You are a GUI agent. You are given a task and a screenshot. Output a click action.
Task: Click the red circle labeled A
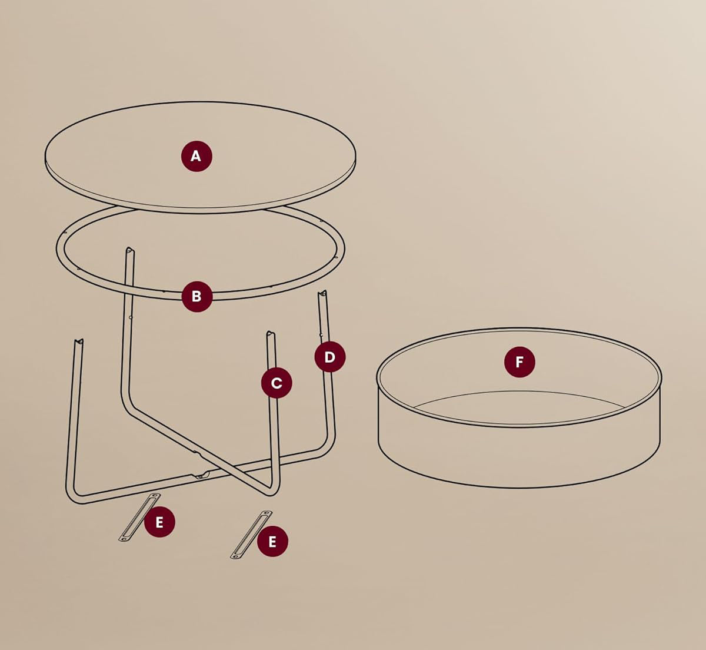196,156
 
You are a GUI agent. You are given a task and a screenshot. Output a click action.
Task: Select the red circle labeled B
197,296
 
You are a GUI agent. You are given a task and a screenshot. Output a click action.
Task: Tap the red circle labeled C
277,383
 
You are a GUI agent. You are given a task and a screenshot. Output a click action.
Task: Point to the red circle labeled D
329,357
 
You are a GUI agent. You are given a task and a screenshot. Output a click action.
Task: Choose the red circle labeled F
519,362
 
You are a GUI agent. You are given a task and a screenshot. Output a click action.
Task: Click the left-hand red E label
159,522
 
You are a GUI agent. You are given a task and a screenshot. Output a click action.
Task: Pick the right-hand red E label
272,541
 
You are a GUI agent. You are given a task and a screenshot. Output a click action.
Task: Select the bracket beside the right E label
251,534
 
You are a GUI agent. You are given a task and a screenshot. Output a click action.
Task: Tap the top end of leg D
322,293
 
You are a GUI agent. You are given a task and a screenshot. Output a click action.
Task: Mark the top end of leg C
270,334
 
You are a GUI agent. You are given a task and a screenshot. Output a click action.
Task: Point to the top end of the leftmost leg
78,341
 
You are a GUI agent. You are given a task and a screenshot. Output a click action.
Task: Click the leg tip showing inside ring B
129,251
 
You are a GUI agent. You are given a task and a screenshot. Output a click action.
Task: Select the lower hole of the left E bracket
124,537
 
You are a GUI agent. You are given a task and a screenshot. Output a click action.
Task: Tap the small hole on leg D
321,336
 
